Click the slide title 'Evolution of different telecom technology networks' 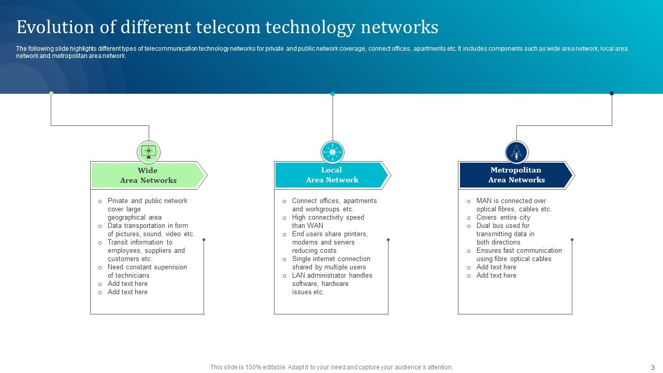(x=227, y=27)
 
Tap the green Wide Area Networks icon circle (x=149, y=152)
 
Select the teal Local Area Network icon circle (x=333, y=152)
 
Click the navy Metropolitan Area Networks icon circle (x=516, y=152)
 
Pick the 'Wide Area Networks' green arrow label (x=148, y=176)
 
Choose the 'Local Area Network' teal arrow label (x=332, y=175)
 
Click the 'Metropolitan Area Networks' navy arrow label (x=516, y=175)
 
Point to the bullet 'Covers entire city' (x=503, y=218)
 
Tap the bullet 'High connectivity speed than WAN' (x=327, y=222)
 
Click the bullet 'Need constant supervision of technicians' (x=147, y=271)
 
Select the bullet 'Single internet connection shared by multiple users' (x=330, y=263)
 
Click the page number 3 (x=653, y=367)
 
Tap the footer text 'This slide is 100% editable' (x=331, y=367)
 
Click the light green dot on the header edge (x=51, y=93)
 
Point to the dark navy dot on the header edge (x=612, y=93)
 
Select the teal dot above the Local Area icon (x=333, y=94)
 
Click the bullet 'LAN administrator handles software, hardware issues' (x=331, y=284)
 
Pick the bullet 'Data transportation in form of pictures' (x=151, y=230)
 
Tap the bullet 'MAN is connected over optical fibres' (x=513, y=205)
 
